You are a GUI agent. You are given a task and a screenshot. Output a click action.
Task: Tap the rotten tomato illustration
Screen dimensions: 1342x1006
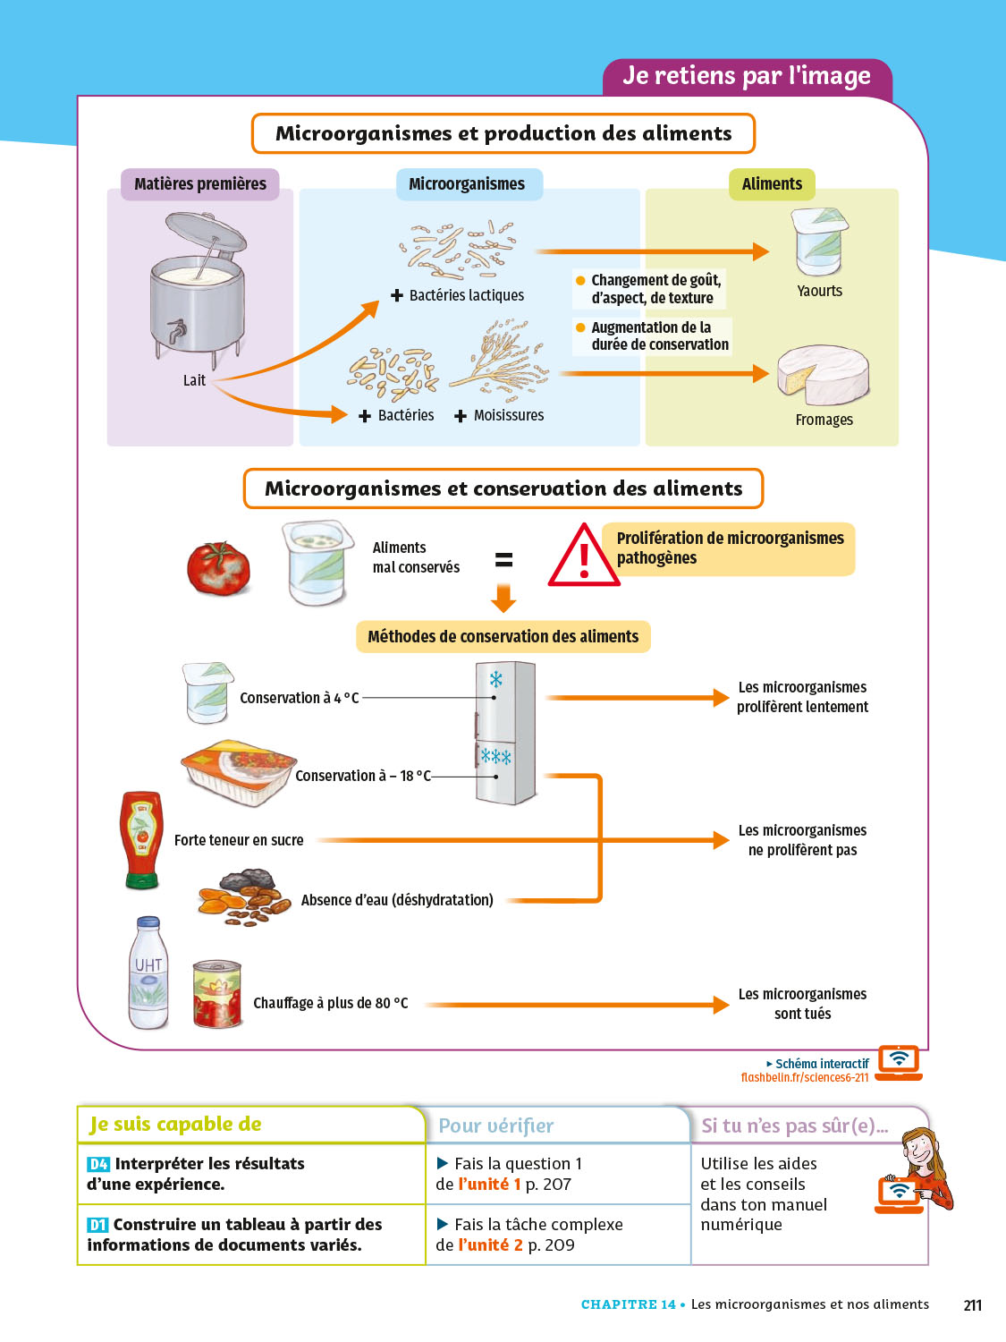(x=218, y=567)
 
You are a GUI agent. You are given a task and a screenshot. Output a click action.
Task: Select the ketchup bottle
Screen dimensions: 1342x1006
(x=141, y=839)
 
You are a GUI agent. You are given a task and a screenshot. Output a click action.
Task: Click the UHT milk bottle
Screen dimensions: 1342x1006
(x=148, y=973)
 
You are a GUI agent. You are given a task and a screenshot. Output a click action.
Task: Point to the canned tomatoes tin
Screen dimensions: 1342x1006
(x=217, y=993)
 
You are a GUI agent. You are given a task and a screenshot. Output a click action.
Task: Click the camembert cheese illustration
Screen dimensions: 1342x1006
(x=823, y=375)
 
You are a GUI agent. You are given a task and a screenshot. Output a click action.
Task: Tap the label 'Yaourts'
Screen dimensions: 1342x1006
(x=819, y=291)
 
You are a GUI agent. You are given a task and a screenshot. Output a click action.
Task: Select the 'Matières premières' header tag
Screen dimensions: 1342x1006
(x=200, y=184)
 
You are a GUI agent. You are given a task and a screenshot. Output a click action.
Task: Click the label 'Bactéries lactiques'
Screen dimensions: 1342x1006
(x=466, y=295)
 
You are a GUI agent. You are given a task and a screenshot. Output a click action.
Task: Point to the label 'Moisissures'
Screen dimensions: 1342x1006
(x=508, y=415)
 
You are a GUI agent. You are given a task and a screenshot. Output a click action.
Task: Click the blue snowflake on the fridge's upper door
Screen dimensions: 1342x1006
(x=496, y=679)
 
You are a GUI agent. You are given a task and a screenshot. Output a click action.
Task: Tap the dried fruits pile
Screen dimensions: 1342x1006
(x=244, y=896)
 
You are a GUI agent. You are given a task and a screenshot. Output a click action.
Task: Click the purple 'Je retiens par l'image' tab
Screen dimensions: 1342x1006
(x=747, y=76)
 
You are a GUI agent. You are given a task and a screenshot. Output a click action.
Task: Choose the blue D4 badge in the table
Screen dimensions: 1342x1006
(x=98, y=1164)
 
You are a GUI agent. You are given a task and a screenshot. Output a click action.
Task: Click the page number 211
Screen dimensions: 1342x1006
(x=972, y=1305)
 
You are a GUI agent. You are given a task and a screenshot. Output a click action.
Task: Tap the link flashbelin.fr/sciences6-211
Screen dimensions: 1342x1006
(x=805, y=1077)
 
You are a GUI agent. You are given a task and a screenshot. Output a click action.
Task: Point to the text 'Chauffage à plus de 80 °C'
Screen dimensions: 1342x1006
(x=330, y=1003)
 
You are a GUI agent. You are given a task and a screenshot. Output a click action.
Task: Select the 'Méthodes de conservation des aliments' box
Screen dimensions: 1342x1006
(x=503, y=637)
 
